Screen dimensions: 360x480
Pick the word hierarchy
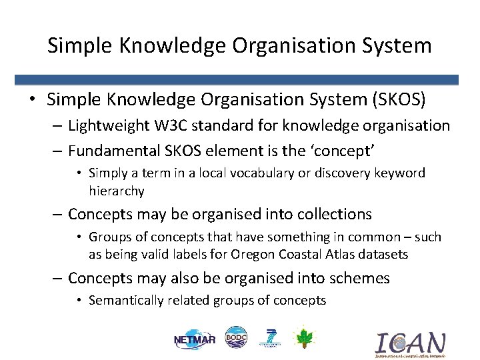(117, 191)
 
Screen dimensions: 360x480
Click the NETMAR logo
(194, 339)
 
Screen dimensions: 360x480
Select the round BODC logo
(236, 338)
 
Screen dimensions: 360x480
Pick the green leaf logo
(304, 338)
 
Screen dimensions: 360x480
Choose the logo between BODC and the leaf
(271, 338)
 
